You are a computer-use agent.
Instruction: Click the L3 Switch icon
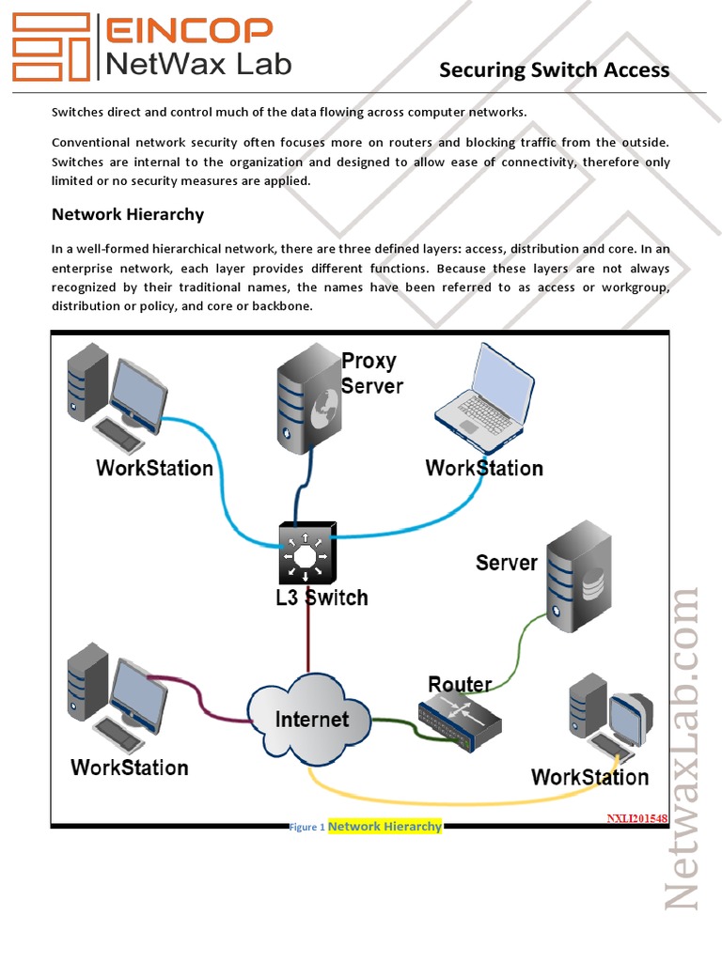pyautogui.click(x=304, y=556)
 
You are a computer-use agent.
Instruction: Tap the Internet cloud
pyautogui.click(x=310, y=719)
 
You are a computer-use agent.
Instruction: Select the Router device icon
pyautogui.click(x=460, y=719)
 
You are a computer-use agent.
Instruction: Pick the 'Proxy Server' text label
pyautogui.click(x=371, y=373)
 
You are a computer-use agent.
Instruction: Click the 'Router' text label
pyautogui.click(x=460, y=684)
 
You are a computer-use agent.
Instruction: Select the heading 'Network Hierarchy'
pyautogui.click(x=128, y=214)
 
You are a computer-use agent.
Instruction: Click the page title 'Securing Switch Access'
pyautogui.click(x=555, y=70)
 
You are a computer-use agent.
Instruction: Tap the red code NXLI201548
pyautogui.click(x=636, y=818)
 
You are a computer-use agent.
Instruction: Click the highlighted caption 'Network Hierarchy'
pyautogui.click(x=385, y=827)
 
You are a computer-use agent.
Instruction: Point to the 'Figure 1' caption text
pyautogui.click(x=307, y=828)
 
